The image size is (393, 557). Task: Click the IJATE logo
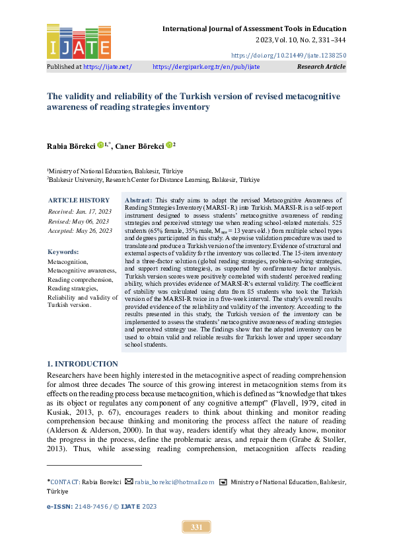pos(79,42)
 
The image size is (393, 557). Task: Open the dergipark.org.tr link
pos(206,67)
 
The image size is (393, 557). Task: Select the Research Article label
pos(321,67)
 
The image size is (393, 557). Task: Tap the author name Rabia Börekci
pos(71,146)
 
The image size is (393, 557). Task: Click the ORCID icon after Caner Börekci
pos(170,146)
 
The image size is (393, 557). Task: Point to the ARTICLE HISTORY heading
pos(79,200)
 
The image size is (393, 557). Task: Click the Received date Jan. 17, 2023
pos(90,212)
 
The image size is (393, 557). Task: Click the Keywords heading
pos(63,252)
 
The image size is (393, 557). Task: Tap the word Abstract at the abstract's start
pos(138,199)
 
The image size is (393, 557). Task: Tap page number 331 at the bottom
pos(196,527)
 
